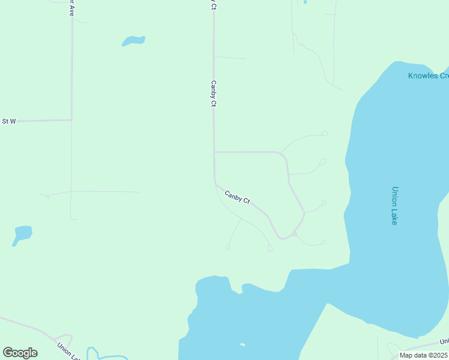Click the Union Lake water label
pyautogui.click(x=394, y=205)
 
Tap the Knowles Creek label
pyautogui.click(x=428, y=76)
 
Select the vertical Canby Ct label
pyautogui.click(x=213, y=94)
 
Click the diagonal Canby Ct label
pyautogui.click(x=237, y=196)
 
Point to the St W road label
pyautogui.click(x=8, y=121)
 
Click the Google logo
pyautogui.click(x=20, y=353)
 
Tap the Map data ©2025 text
pyautogui.click(x=423, y=355)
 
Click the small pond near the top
pyautogui.click(x=133, y=41)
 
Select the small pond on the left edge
pyautogui.click(x=22, y=233)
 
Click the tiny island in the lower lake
pyautogui.click(x=242, y=344)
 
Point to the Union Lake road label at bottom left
pyautogui.click(x=68, y=351)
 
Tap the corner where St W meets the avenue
pyautogui.click(x=71, y=119)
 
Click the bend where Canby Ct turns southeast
pyautogui.click(x=215, y=182)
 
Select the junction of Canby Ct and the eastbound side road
pyautogui.click(x=214, y=152)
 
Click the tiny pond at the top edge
pyautogui.click(x=305, y=2)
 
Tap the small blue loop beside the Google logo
pyautogui.click(x=92, y=353)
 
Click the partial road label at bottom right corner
pyautogui.click(x=444, y=342)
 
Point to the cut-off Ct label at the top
pyautogui.click(x=212, y=4)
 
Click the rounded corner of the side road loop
pyautogui.click(x=283, y=156)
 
